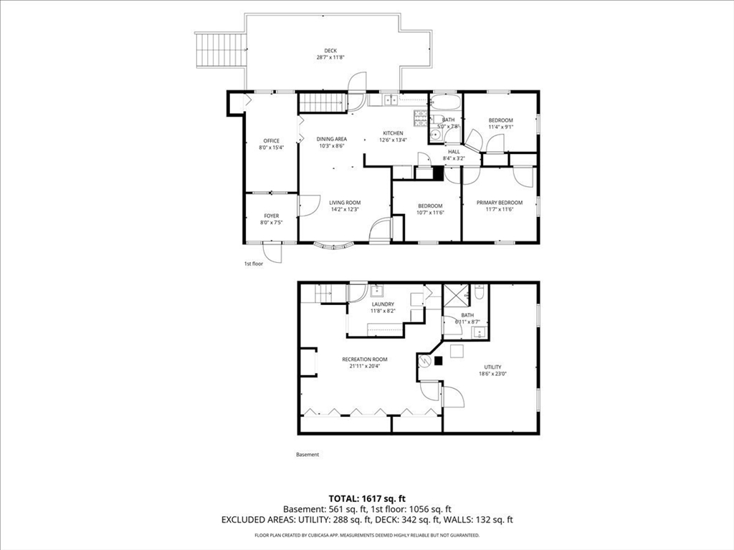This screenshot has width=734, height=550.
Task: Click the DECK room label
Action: (x=330, y=50)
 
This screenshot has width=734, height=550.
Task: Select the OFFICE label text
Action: (x=271, y=140)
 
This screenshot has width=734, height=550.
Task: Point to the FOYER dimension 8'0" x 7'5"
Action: (x=271, y=223)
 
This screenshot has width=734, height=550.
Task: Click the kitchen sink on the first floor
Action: (x=390, y=100)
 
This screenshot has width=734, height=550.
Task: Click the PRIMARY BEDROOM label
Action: (x=500, y=203)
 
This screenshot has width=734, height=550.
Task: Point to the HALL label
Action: (x=454, y=152)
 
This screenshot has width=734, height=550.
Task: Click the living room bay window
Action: (x=335, y=247)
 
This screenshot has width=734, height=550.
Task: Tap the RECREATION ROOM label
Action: (x=364, y=359)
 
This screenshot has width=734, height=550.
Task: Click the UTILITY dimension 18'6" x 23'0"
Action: (x=492, y=374)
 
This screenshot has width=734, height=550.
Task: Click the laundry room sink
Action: (x=378, y=291)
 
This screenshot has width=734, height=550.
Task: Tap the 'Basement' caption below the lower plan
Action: (x=308, y=455)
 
